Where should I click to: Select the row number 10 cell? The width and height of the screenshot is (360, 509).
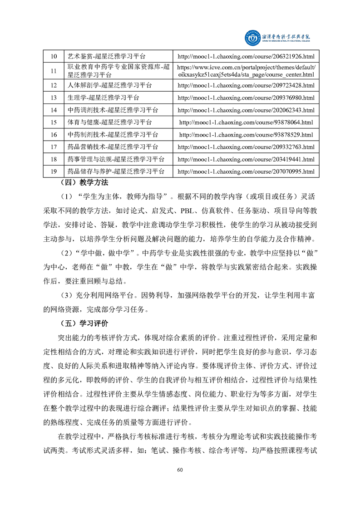(x=53, y=56)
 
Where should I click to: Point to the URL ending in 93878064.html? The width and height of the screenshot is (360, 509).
(x=246, y=122)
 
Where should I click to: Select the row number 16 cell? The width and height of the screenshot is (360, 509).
(x=53, y=135)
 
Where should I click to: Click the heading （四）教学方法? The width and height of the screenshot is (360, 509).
(x=84, y=183)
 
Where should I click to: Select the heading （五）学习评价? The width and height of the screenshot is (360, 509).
(x=84, y=324)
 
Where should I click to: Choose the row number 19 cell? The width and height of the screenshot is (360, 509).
(x=53, y=171)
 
